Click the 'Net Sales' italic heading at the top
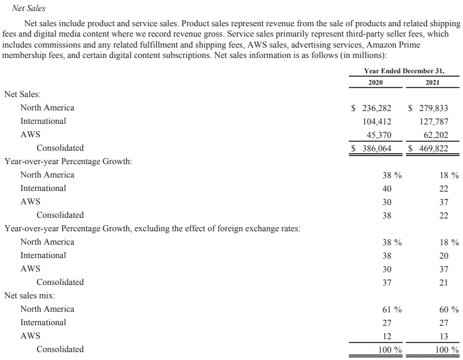(x=29, y=9)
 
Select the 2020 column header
(x=376, y=82)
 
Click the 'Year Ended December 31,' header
(x=404, y=71)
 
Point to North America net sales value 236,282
(x=376, y=108)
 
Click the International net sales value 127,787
(x=433, y=121)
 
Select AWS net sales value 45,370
(x=379, y=135)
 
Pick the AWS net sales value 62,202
(x=436, y=135)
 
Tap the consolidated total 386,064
(x=376, y=148)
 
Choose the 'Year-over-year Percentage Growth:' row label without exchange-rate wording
(x=68, y=162)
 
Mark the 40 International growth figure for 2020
(x=387, y=189)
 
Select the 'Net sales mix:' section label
(x=30, y=296)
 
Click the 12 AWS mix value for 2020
(x=387, y=336)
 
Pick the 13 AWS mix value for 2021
(x=443, y=336)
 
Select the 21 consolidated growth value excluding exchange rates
(x=443, y=283)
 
